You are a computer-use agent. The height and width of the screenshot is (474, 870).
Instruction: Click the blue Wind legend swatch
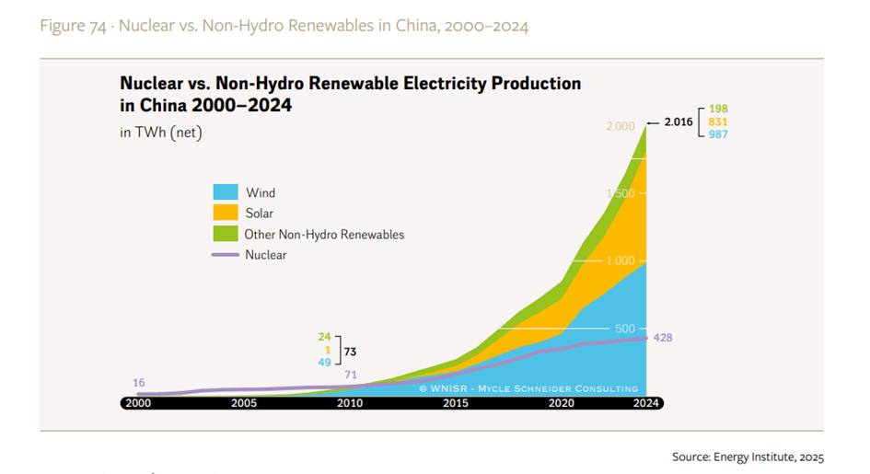point(226,192)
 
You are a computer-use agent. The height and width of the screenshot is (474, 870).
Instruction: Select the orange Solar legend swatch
point(226,214)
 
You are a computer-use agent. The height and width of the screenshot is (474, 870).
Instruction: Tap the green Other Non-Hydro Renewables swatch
point(226,234)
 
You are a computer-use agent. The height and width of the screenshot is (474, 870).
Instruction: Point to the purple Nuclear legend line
point(226,255)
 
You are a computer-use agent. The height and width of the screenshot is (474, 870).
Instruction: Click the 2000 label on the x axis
point(138,403)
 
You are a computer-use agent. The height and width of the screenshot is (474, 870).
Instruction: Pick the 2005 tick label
point(244,403)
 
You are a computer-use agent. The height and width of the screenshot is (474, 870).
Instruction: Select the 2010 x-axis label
point(350,403)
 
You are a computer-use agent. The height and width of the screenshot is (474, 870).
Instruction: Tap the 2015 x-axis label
point(456,403)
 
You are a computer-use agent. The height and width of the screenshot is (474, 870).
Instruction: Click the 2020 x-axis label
point(561,403)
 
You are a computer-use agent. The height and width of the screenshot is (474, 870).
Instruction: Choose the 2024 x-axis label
point(646,403)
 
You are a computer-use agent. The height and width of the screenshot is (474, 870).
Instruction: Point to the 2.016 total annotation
point(679,121)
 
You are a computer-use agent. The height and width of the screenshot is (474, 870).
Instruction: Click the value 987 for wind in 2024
point(718,134)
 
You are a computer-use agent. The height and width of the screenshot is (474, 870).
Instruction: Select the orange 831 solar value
point(718,121)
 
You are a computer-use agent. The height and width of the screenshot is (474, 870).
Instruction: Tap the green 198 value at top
point(718,109)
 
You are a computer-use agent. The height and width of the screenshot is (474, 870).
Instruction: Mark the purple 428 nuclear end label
point(662,338)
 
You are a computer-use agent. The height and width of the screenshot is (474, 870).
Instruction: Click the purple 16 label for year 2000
point(139,382)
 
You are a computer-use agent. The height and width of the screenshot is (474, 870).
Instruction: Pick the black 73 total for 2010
point(350,351)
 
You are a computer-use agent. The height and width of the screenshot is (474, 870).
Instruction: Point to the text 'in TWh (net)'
point(161,133)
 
